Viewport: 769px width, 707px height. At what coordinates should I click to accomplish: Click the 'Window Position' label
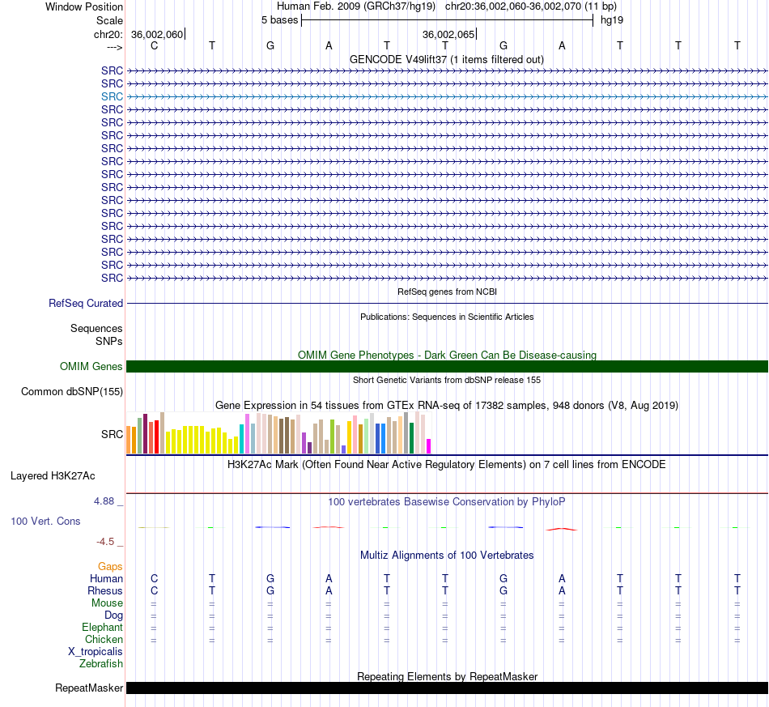coord(84,6)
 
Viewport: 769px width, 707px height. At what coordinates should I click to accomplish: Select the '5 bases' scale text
coord(279,20)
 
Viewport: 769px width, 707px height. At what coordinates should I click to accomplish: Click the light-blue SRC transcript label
coord(112,96)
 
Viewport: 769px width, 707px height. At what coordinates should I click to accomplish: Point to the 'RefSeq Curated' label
coord(86,303)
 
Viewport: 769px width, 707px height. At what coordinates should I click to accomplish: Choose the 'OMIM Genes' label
coord(91,367)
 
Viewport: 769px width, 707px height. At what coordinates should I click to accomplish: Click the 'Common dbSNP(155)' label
coord(72,391)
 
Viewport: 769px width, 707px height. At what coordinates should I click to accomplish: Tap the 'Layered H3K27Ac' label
coord(53,476)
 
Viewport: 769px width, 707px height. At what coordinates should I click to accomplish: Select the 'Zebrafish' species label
coord(101,664)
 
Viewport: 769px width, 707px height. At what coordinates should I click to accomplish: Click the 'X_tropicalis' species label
coord(96,652)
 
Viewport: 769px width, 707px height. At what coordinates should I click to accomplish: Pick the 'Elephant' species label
coord(103,628)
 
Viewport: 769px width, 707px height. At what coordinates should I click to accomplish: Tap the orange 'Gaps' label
coord(110,567)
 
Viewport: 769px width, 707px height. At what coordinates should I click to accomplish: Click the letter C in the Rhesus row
coord(154,590)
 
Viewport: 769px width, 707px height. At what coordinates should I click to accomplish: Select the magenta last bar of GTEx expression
coord(429,446)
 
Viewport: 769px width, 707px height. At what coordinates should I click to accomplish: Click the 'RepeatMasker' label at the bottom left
coord(89,688)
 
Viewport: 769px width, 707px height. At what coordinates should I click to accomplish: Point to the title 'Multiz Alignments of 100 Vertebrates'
coord(447,556)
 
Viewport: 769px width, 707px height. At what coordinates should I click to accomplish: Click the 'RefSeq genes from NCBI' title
coord(447,292)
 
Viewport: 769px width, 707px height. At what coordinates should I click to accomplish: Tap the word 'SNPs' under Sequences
coord(109,342)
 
